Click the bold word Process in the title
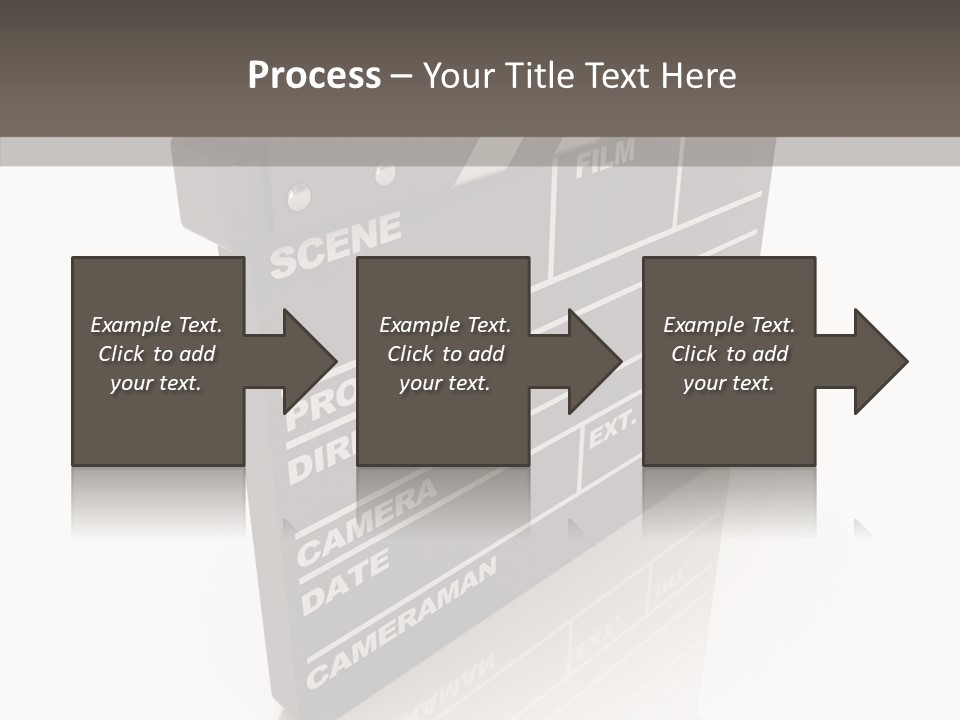point(314,76)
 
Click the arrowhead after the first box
point(310,361)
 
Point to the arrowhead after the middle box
point(595,361)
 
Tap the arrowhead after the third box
point(881,361)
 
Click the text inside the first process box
point(156,354)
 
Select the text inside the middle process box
point(445,354)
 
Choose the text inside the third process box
point(729,354)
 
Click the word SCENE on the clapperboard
point(335,245)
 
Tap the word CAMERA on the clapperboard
point(368,519)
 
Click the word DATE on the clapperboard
point(345,583)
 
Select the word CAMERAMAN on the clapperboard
point(400,622)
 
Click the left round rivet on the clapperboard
point(298,196)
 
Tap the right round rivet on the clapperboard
point(385,175)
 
